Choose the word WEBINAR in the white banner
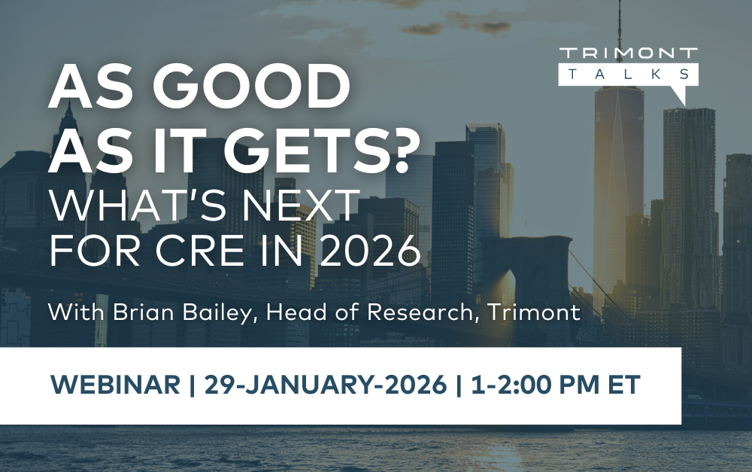116,385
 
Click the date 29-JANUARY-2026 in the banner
325,385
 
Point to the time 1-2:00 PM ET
555,385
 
